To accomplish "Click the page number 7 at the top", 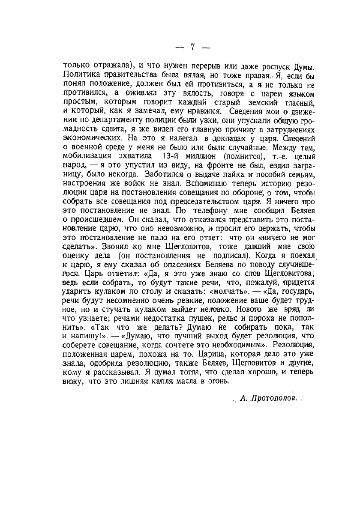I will [192, 48].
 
